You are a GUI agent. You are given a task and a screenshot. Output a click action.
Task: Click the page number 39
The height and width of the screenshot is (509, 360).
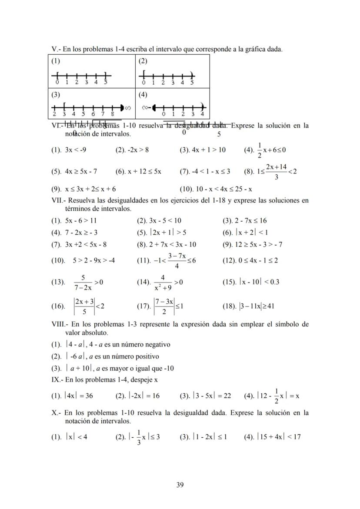[x=180, y=485]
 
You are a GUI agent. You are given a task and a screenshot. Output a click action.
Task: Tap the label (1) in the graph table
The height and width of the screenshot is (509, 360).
[x=56, y=61]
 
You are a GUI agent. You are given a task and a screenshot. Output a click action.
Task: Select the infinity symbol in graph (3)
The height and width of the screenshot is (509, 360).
[x=127, y=107]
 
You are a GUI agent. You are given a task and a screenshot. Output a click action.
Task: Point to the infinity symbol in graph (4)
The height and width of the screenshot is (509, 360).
[x=145, y=106]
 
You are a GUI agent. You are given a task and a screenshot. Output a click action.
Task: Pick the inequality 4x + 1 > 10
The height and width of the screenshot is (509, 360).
[x=203, y=150]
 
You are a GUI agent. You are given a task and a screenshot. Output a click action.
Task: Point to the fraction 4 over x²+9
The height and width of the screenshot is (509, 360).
[x=163, y=282]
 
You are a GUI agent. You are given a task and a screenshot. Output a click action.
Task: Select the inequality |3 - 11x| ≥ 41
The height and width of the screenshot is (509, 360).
[x=257, y=306]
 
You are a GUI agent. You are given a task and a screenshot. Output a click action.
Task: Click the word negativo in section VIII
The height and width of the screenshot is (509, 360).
[x=156, y=344]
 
